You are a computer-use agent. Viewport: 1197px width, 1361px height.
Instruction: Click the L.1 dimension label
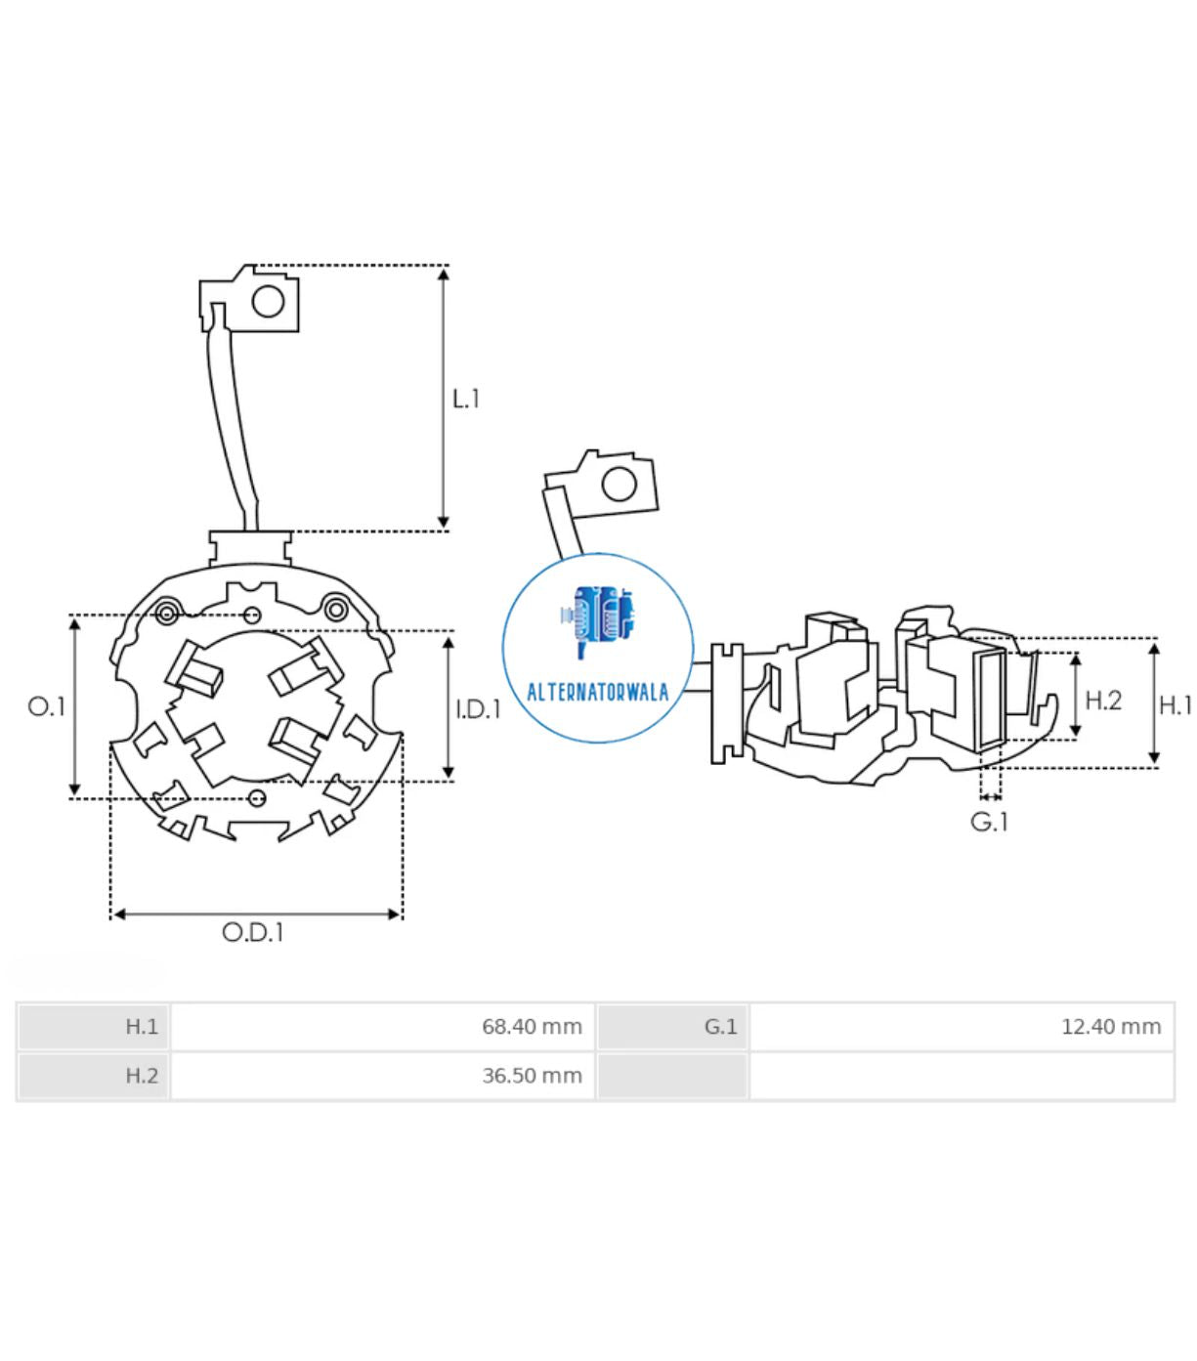(x=465, y=399)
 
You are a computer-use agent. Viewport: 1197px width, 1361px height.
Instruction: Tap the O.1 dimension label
(x=46, y=706)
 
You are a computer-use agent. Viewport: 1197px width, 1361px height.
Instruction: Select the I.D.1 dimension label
(x=479, y=709)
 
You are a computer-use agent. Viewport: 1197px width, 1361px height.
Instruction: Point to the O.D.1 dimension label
(x=253, y=932)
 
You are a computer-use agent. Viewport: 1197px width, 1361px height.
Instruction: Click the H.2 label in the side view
(x=1103, y=701)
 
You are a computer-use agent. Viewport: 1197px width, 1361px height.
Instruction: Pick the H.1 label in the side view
(x=1176, y=705)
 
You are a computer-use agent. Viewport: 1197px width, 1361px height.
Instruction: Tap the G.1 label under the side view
(x=989, y=823)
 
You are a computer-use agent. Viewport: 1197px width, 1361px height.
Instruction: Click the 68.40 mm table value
(x=532, y=1027)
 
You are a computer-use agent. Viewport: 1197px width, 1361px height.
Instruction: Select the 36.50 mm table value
(x=532, y=1076)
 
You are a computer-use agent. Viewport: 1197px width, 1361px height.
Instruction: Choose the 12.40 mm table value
(x=1111, y=1027)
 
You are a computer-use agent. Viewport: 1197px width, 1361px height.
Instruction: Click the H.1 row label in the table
(x=142, y=1027)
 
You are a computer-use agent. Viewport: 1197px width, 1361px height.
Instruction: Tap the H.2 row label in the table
(x=142, y=1076)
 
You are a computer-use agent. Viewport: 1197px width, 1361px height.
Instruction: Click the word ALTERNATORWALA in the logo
(x=597, y=693)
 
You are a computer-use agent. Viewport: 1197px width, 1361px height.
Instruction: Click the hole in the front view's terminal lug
(x=268, y=302)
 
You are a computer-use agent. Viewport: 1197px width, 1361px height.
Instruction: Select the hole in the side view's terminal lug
(x=619, y=485)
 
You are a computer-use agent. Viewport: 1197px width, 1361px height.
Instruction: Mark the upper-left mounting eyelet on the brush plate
(x=167, y=613)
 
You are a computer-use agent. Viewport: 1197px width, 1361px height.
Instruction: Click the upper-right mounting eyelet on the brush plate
(x=335, y=609)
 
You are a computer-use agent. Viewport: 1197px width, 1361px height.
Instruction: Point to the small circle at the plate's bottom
(x=257, y=798)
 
